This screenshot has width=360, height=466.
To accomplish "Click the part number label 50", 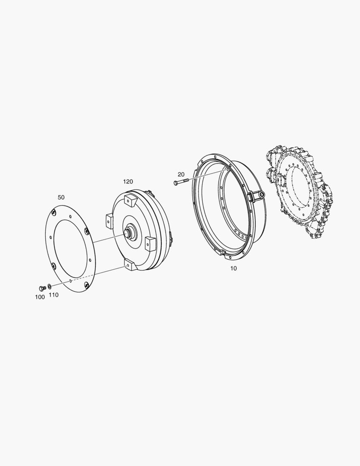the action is [x=61, y=197].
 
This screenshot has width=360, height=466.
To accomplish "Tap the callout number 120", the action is [x=128, y=181].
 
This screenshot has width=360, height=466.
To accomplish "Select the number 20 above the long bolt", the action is [x=181, y=174].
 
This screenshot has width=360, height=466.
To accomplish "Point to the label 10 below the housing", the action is [x=234, y=268].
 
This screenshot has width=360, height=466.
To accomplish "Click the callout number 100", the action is [x=40, y=297].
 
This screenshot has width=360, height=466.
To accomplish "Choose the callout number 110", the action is [x=53, y=295].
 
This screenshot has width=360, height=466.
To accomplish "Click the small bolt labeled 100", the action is [x=42, y=288].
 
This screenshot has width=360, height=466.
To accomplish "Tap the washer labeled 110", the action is [x=49, y=286].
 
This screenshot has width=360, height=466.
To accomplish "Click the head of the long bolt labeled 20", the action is [x=175, y=183].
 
